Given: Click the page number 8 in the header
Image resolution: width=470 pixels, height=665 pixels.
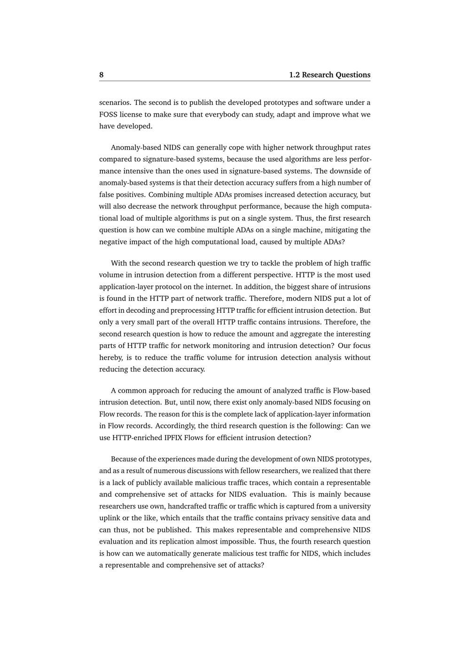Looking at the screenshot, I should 102,75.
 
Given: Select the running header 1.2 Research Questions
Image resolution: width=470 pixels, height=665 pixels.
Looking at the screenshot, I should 329,75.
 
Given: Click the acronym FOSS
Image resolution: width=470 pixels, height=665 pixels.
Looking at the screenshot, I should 108,114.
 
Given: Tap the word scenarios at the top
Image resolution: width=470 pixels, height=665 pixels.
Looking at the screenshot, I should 115,103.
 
